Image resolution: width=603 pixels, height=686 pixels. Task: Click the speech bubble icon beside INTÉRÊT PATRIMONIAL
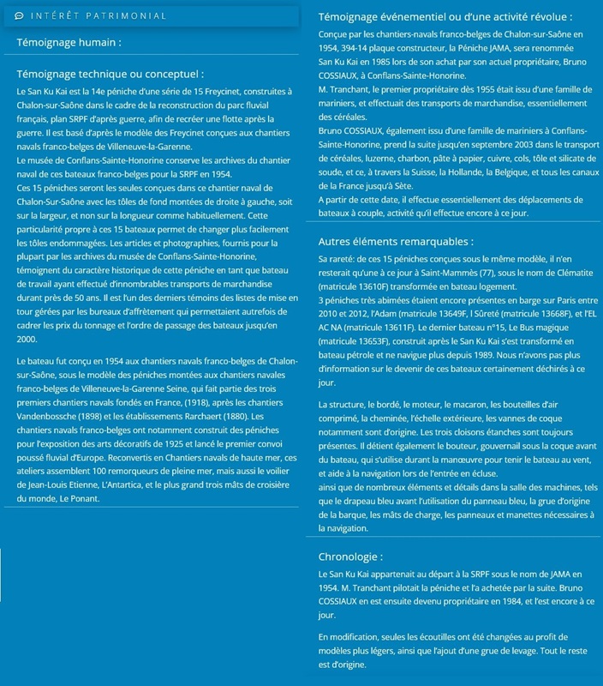tap(19, 15)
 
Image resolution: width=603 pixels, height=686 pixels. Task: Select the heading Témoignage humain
tap(68, 41)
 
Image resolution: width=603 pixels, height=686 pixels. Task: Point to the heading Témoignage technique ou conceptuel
tap(110, 75)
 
